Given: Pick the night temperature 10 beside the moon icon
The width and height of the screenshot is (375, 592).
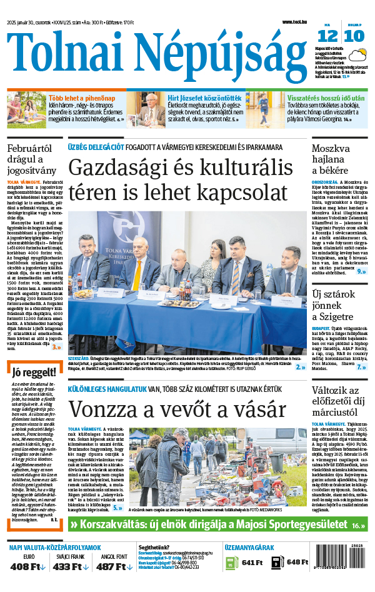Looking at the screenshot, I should point(354,36).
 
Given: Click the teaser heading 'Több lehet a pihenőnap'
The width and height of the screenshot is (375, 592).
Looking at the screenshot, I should point(82,99).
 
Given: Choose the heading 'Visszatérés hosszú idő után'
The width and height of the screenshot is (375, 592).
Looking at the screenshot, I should point(317,99).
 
